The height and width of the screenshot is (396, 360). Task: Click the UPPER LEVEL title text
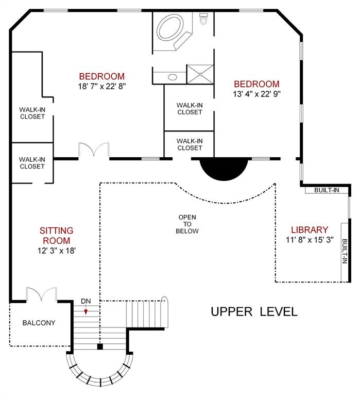(x=253, y=312)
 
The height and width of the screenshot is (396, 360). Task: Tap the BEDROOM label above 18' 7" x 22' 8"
(x=101, y=76)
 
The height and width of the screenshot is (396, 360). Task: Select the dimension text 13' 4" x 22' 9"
(x=256, y=94)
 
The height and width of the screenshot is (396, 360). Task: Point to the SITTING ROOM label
(x=57, y=235)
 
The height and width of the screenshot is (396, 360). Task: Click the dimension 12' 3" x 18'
(x=57, y=251)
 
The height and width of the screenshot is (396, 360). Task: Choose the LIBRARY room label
(x=309, y=230)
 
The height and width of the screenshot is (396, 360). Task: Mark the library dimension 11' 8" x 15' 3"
(x=309, y=240)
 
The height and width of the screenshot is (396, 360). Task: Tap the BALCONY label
(x=39, y=323)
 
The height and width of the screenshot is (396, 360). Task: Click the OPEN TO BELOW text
(x=188, y=224)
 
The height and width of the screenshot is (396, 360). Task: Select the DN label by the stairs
(x=85, y=302)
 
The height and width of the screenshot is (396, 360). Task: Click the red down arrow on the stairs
(x=86, y=311)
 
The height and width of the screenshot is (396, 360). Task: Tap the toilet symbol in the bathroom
(x=204, y=20)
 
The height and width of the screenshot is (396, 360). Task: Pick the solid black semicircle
(x=224, y=168)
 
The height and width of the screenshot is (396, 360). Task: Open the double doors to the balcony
(x=42, y=295)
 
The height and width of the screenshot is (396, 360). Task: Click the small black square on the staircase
(x=100, y=346)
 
